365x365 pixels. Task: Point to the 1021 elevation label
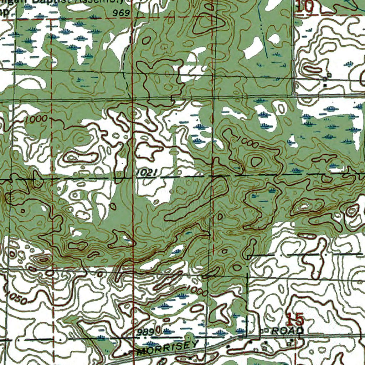point(146,173)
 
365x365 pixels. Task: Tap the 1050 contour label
point(16,297)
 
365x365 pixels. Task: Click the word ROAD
point(287,330)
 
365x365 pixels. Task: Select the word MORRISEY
point(168,348)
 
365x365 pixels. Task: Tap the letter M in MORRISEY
point(142,352)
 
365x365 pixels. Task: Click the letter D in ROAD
point(299,330)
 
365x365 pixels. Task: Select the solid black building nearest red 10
point(325,85)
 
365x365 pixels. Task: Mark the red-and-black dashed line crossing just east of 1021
point(213,175)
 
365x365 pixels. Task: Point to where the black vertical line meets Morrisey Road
point(247,335)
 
